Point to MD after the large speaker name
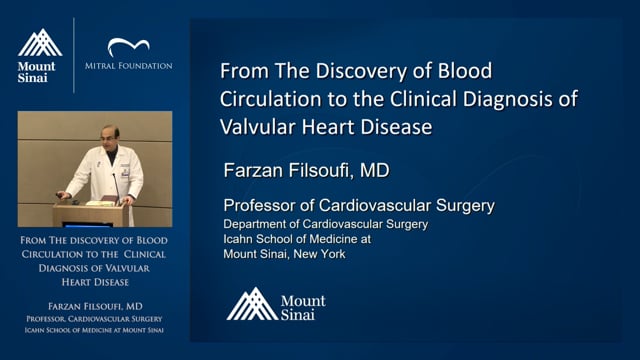[x=374, y=170]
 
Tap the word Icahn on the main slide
[x=237, y=239]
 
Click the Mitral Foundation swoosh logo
[x=128, y=46]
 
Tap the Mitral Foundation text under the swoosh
[x=129, y=66]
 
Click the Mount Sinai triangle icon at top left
[x=40, y=43]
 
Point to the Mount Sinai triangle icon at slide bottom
[x=252, y=304]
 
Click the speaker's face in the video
[x=109, y=138]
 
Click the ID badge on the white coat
[x=124, y=171]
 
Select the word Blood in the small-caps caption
[x=152, y=240]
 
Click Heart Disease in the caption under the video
[x=95, y=282]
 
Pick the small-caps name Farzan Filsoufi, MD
[x=95, y=307]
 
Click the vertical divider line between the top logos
[x=74, y=55]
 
